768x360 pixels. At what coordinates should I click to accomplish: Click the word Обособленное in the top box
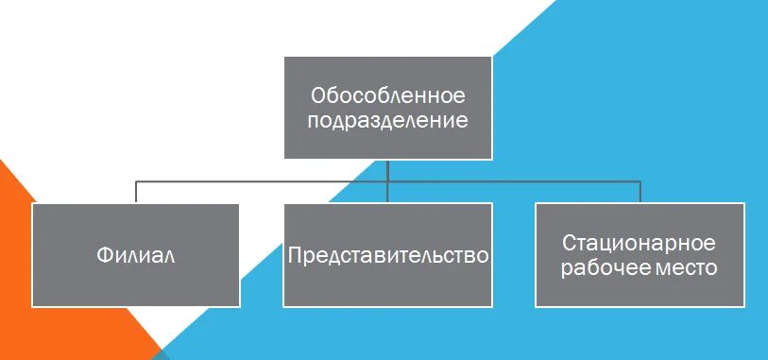pyautogui.click(x=388, y=95)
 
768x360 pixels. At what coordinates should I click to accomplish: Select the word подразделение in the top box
pyautogui.click(x=388, y=121)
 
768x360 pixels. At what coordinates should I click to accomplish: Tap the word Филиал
pyautogui.click(x=136, y=255)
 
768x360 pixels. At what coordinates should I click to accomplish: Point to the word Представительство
pyautogui.click(x=388, y=255)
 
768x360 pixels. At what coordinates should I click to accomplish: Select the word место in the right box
pyautogui.click(x=685, y=268)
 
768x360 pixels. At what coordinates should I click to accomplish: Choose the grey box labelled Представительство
pyautogui.click(x=388, y=283)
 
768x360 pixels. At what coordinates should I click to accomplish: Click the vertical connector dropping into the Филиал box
pyautogui.click(x=136, y=192)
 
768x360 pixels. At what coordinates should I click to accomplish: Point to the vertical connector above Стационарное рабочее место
pyautogui.click(x=640, y=192)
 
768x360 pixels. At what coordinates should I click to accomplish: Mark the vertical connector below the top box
pyautogui.click(x=388, y=170)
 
